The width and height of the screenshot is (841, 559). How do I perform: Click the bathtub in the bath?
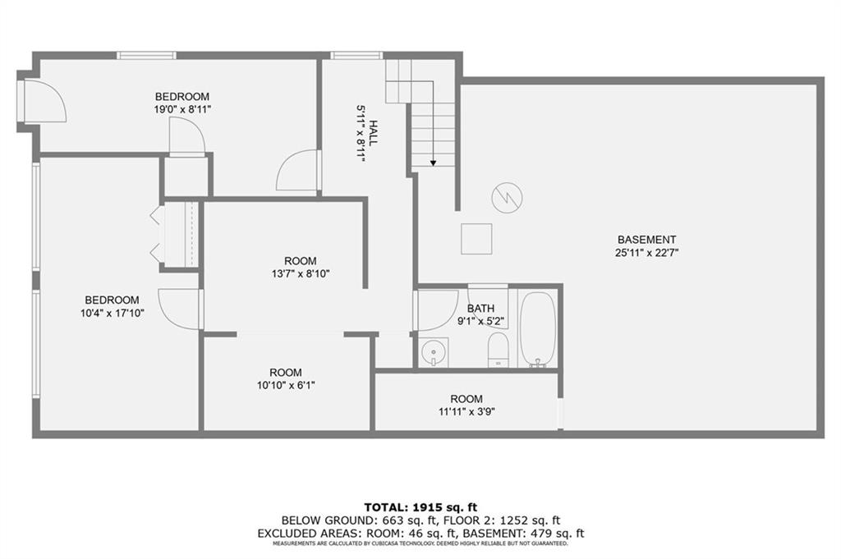coord(537,328)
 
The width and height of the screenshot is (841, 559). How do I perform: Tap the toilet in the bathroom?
coord(498,350)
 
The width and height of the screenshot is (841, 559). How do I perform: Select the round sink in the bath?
coord(434,352)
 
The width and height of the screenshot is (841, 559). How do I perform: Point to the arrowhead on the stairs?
coord(433,163)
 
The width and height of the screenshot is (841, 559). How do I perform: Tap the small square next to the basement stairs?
coord(476,239)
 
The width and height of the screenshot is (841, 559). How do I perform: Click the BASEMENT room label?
coord(647,240)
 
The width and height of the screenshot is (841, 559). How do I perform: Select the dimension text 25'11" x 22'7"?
coord(647,253)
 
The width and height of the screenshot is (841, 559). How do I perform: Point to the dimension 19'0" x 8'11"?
coord(182,109)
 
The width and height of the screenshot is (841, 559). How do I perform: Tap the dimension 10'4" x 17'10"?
coord(112,313)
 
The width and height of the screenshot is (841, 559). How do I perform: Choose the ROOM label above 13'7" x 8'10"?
coord(301,261)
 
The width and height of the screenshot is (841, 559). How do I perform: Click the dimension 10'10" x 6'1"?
coord(286,385)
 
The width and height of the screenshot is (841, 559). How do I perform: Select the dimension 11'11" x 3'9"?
coord(466,411)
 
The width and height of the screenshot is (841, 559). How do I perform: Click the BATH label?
coord(480,308)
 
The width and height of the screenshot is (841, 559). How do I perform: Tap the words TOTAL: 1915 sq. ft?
coord(420,507)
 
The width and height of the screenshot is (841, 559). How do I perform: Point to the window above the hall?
coord(356,55)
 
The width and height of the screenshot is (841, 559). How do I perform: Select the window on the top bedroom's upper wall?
coord(146,55)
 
